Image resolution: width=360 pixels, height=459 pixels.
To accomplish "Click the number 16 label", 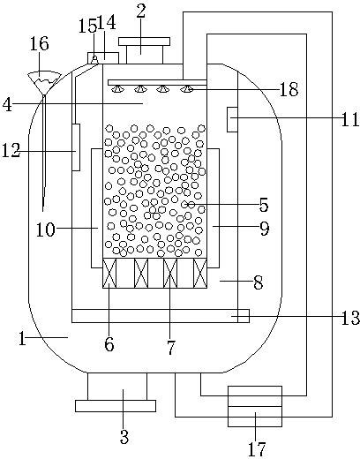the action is pos(40,44).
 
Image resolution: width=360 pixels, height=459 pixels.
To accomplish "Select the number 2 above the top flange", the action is pos(140,11).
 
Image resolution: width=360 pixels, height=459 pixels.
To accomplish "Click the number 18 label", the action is pos(289,89).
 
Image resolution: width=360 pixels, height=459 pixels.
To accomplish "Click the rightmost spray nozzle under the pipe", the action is pos(188,88).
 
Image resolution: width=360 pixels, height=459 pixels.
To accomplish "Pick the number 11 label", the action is pos(350,120).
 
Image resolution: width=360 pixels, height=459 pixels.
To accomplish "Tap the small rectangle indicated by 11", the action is pos(232,119).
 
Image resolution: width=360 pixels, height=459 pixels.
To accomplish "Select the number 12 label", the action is pos(11,150).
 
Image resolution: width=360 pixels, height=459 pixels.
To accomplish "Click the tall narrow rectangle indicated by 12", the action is pos(76,147).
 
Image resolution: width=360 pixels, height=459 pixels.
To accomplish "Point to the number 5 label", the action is pos(264,205).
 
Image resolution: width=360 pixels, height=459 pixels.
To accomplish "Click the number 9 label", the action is pos(265,229).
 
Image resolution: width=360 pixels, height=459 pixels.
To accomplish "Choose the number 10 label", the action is pos(45,229).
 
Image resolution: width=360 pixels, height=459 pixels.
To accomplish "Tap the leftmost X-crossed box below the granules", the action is pos(109,273).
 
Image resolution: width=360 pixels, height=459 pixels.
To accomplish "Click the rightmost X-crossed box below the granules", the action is pos(200,273).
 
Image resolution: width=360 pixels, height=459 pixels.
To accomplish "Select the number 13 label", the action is pos(350,318).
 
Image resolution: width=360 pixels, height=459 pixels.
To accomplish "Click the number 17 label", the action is pos(257,448).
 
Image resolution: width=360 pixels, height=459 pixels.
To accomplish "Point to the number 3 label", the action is pos(124,437).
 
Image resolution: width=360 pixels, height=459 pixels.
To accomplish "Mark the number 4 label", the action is pos(7,105).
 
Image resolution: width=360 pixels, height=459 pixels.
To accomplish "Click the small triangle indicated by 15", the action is pos(94,59).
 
